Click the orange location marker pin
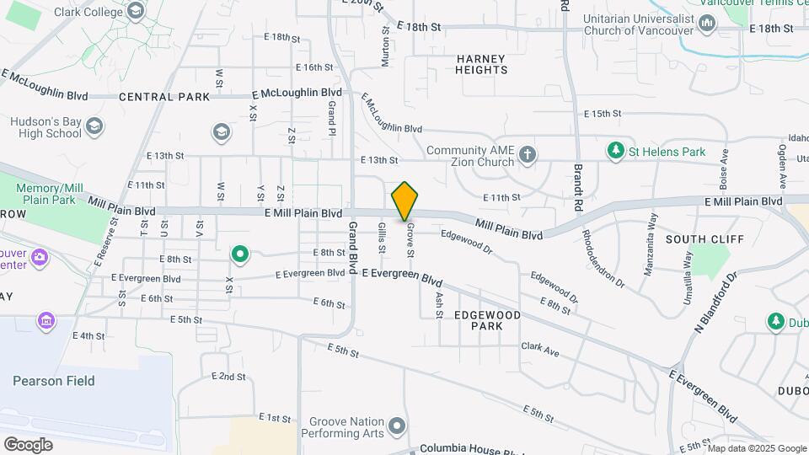(x=404, y=201)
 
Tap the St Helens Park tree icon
(x=616, y=151)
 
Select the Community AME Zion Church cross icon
(x=528, y=154)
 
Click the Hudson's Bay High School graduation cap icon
(x=94, y=126)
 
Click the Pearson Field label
(x=54, y=381)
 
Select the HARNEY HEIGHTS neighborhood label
(x=481, y=64)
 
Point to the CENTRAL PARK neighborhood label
(x=164, y=97)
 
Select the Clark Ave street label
(x=540, y=348)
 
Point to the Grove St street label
(x=411, y=241)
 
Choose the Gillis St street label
(x=382, y=238)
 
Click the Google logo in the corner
(x=28, y=444)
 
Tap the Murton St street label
(x=385, y=46)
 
